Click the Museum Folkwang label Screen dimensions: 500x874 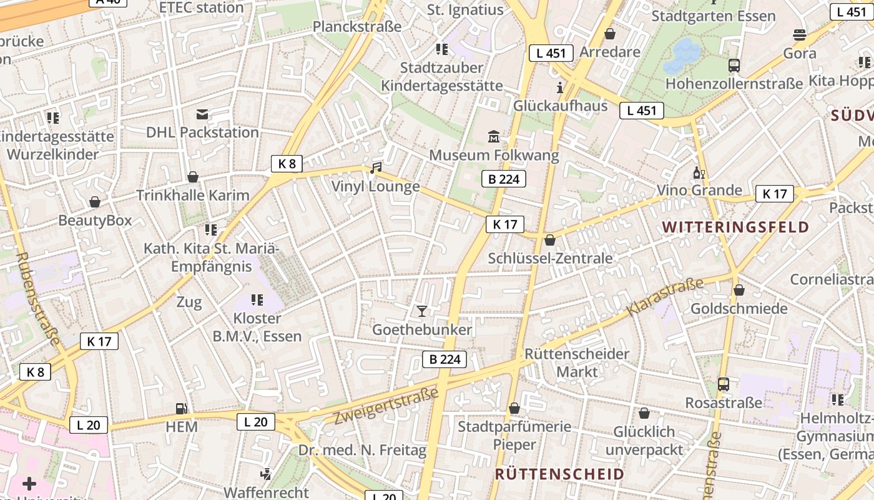tap(494, 155)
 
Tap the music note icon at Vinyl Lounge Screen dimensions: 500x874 tap(375, 167)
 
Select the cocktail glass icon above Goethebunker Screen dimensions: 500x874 tap(422, 311)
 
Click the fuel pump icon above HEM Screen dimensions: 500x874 tap(182, 408)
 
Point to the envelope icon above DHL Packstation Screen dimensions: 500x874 tap(202, 114)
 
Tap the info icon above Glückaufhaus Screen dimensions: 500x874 tap(560, 87)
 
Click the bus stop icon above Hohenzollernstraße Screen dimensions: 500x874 tap(734, 65)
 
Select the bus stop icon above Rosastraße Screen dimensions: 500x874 tap(724, 384)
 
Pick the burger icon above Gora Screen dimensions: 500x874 tap(800, 34)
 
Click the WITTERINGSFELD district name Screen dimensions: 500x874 tap(735, 227)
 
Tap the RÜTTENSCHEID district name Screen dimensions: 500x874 tap(559, 474)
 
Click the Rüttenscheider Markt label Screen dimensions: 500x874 tap(577, 362)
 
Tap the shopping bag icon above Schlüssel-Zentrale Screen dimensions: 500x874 tap(550, 240)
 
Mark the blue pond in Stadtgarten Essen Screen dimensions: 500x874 tap(682, 55)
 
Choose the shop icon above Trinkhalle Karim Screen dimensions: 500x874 tap(193, 177)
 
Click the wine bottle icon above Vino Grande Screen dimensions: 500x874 tap(699, 172)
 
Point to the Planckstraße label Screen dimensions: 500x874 tap(356, 26)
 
